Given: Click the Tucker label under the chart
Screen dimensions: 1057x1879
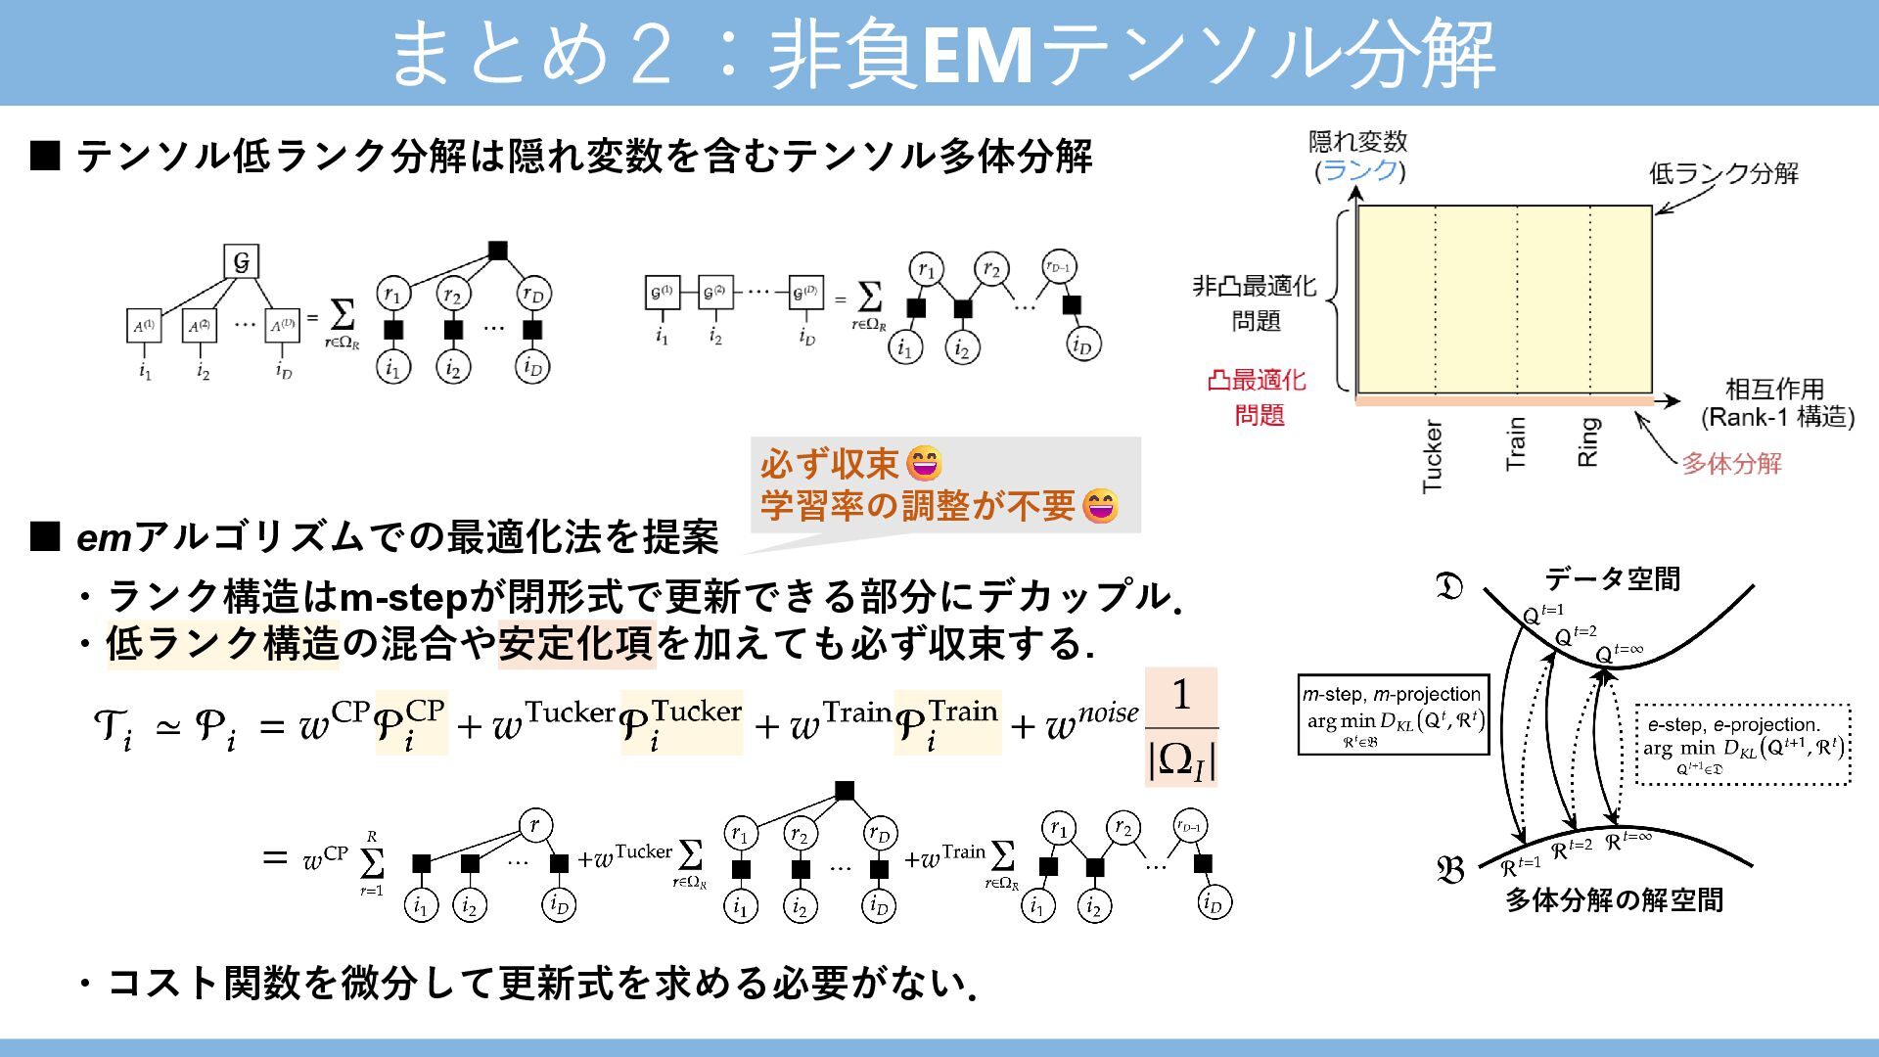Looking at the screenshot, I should point(1432,456).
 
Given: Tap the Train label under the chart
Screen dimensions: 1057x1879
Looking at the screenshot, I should point(1515,443).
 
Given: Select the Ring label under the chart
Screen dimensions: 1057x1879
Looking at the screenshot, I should point(1587,441).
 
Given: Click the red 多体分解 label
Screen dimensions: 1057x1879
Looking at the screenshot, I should point(1731,463).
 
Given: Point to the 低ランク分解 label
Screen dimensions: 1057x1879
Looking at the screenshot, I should point(1723,173).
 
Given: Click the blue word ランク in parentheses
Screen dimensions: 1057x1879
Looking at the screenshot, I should point(1359,171).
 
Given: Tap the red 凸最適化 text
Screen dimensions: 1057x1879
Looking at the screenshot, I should point(1257,380).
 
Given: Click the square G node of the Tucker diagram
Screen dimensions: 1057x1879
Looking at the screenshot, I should point(241,261).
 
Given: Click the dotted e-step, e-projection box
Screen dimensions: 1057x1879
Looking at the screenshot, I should point(1743,745).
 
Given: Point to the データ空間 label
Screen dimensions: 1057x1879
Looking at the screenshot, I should point(1612,578).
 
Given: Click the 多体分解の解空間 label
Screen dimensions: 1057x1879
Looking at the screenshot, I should point(1614,899).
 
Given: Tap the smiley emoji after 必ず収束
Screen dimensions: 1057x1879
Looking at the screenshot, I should point(925,463).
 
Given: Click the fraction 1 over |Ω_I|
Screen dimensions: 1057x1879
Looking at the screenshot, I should point(1181,728).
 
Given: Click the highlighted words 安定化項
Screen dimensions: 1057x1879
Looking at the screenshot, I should point(575,644).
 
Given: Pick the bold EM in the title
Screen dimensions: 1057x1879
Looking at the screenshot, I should point(977,56).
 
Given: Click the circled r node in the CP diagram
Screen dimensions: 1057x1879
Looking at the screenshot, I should point(534,825).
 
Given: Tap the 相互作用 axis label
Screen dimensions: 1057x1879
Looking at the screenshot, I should point(1774,389).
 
